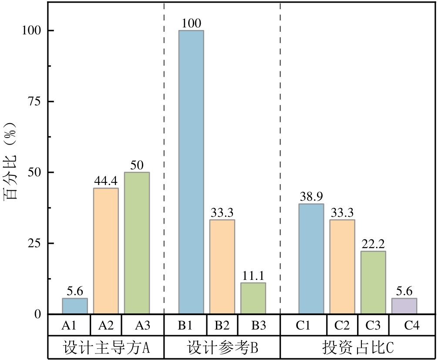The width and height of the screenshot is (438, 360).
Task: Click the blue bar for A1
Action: (75, 306)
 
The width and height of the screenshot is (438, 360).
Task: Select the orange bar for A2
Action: (106, 251)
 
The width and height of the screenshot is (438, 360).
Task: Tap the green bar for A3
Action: (137, 243)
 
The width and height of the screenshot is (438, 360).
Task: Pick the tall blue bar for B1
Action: (191, 172)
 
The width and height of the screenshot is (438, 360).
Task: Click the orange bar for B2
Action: (222, 266)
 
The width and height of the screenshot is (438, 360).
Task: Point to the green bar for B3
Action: (253, 298)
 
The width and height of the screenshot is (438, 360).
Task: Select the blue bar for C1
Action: (311, 259)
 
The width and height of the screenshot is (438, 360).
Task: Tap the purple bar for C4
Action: (404, 306)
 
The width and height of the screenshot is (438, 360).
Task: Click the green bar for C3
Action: (373, 282)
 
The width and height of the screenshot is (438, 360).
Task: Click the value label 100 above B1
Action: (191, 23)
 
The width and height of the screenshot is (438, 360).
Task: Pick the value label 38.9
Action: (311, 196)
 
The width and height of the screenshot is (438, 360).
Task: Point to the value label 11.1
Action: (253, 276)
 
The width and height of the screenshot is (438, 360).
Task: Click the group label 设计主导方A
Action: (106, 348)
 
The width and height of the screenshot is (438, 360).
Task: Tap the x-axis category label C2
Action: (342, 325)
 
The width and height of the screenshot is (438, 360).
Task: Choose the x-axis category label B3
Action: (253, 325)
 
